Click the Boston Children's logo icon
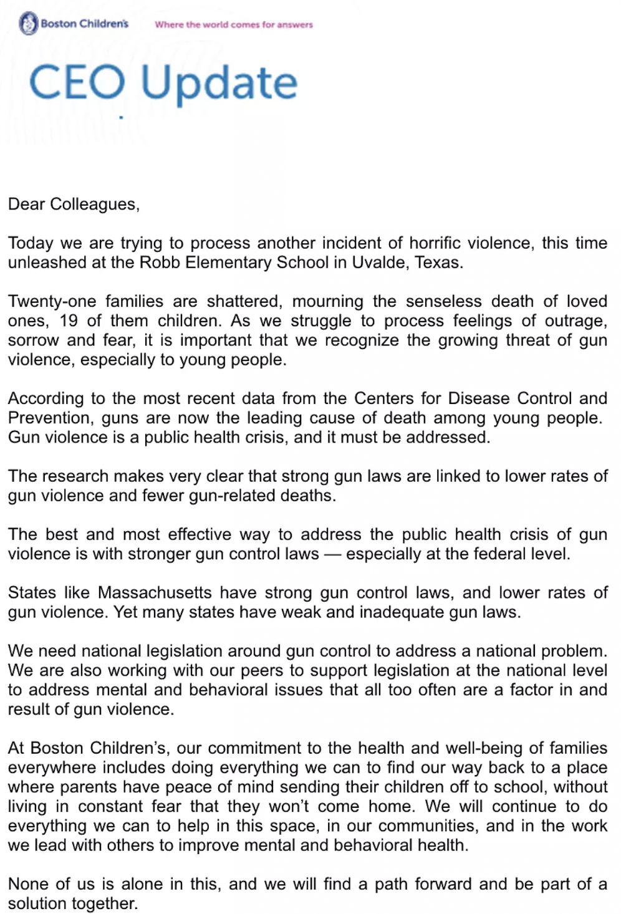pos(29,24)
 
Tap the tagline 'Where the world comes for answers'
pos(234,25)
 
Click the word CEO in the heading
pos(77,83)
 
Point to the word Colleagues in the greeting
pos(94,204)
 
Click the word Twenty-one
pos(52,302)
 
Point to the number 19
pos(69,321)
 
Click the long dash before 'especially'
pos(332,554)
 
